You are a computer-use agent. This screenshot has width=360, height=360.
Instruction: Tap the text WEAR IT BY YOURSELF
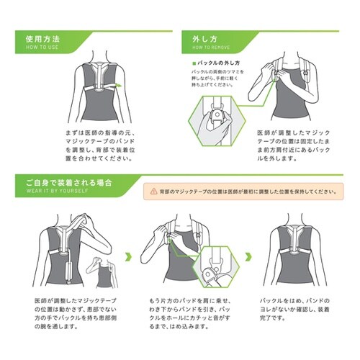point(55,193)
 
